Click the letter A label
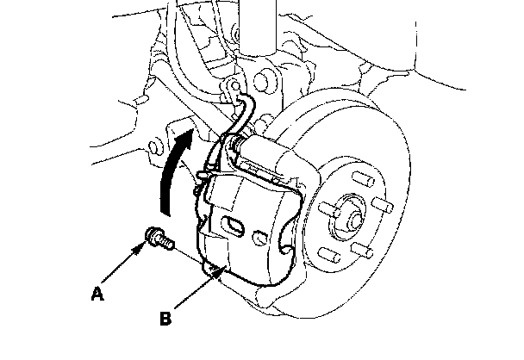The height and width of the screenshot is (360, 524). tap(99, 294)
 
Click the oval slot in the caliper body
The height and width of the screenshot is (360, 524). tap(232, 227)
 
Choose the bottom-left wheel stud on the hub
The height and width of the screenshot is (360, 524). tap(328, 253)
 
